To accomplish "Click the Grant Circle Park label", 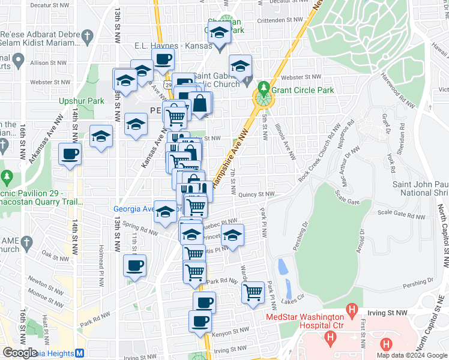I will (x=302, y=91).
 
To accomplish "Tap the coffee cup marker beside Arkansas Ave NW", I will (x=70, y=155).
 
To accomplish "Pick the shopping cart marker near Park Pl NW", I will (x=253, y=293).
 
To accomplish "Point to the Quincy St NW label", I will (x=256, y=194).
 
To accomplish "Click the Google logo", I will (x=20, y=352).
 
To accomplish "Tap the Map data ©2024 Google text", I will (x=411, y=355).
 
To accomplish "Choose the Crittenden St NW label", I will (x=281, y=20).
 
